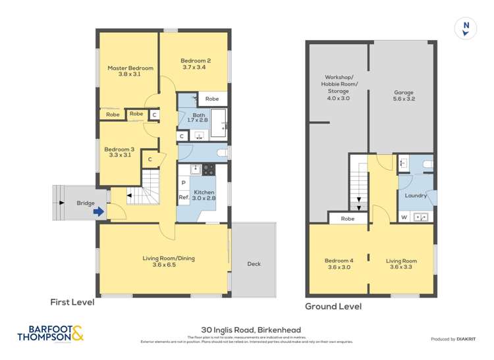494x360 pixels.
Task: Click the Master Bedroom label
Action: click(130, 71)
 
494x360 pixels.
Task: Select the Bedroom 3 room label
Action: click(117, 152)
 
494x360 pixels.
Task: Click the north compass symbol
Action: click(466, 28)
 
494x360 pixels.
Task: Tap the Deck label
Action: click(254, 264)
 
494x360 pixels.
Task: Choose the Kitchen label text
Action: click(203, 194)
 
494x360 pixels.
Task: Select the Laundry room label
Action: click(416, 195)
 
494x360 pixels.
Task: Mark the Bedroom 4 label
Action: click(338, 264)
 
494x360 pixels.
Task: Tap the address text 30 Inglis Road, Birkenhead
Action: click(246, 332)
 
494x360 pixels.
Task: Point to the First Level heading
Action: click(72, 303)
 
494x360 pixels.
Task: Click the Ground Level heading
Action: click(333, 307)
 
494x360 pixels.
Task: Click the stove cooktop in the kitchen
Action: click(208, 169)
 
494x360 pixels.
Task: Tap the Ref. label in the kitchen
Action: click(184, 197)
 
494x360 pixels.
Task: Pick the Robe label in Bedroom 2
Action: click(211, 99)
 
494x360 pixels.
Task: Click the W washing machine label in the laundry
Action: click(404, 217)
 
